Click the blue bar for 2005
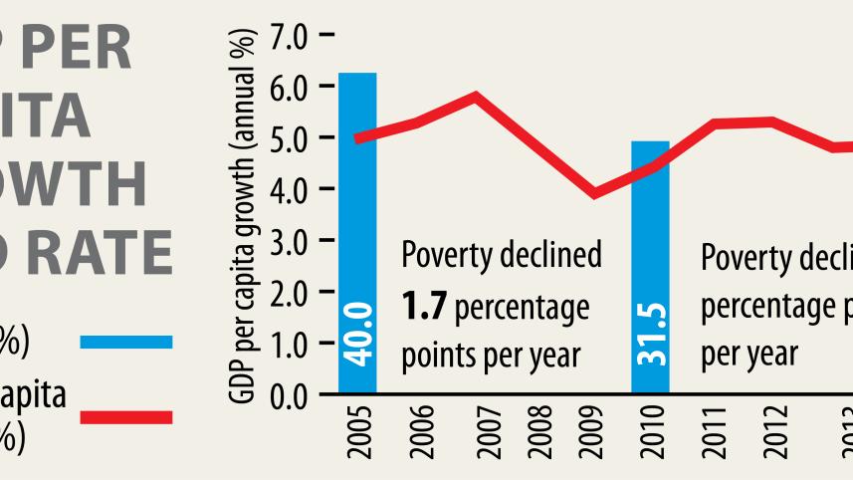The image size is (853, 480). coord(357,234)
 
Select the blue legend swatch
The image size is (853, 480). coord(125,342)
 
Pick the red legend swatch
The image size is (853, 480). coord(125,417)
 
